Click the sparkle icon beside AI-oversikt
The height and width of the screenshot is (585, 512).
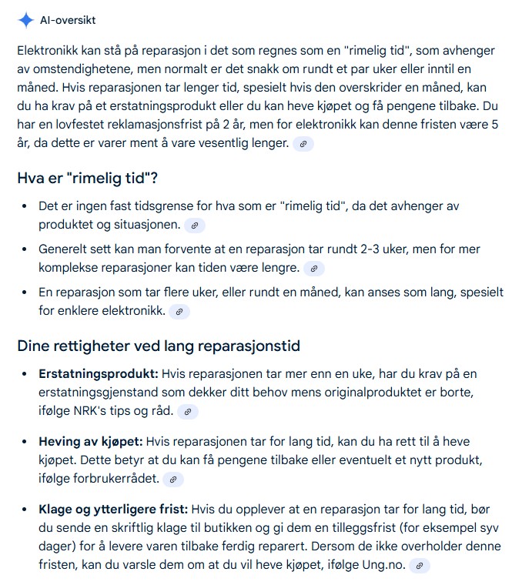pyautogui.click(x=26, y=20)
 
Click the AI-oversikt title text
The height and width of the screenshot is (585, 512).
pyautogui.click(x=69, y=20)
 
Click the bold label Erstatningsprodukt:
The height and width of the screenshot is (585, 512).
pyautogui.click(x=99, y=373)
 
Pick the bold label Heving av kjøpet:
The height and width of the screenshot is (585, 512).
pyautogui.click(x=91, y=442)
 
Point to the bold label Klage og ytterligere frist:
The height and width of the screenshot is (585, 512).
pyautogui.click(x=113, y=510)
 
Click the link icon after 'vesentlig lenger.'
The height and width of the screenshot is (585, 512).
pyautogui.click(x=303, y=144)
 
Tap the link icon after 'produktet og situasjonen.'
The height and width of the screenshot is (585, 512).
pyautogui.click(x=195, y=226)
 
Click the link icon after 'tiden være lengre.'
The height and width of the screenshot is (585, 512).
pyautogui.click(x=313, y=269)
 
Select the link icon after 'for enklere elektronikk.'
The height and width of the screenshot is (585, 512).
pyautogui.click(x=179, y=312)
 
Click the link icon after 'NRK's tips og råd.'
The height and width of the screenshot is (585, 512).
pyautogui.click(x=187, y=412)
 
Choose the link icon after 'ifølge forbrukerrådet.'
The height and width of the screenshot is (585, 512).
pyautogui.click(x=173, y=480)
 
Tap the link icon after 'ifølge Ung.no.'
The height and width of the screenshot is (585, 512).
pyautogui.click(x=419, y=566)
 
